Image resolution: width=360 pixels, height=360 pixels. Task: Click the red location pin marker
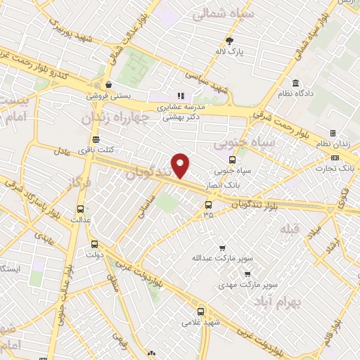pyautogui.click(x=181, y=165)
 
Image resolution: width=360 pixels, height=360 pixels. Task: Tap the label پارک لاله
pyautogui.click(x=229, y=52)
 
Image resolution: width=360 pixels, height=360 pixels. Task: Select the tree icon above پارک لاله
pyautogui.click(x=229, y=41)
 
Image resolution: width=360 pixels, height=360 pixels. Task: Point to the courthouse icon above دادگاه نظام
pyautogui.click(x=295, y=83)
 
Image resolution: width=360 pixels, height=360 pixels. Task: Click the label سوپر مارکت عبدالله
pyautogui.click(x=221, y=258)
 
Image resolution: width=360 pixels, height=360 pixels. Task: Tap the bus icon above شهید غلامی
pyautogui.click(x=201, y=311)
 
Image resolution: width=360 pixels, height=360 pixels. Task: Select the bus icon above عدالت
pyautogui.click(x=81, y=209)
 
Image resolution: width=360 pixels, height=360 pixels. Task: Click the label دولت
pyautogui.click(x=98, y=255)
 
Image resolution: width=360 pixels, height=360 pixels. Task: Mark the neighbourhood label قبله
pyautogui.click(x=288, y=230)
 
